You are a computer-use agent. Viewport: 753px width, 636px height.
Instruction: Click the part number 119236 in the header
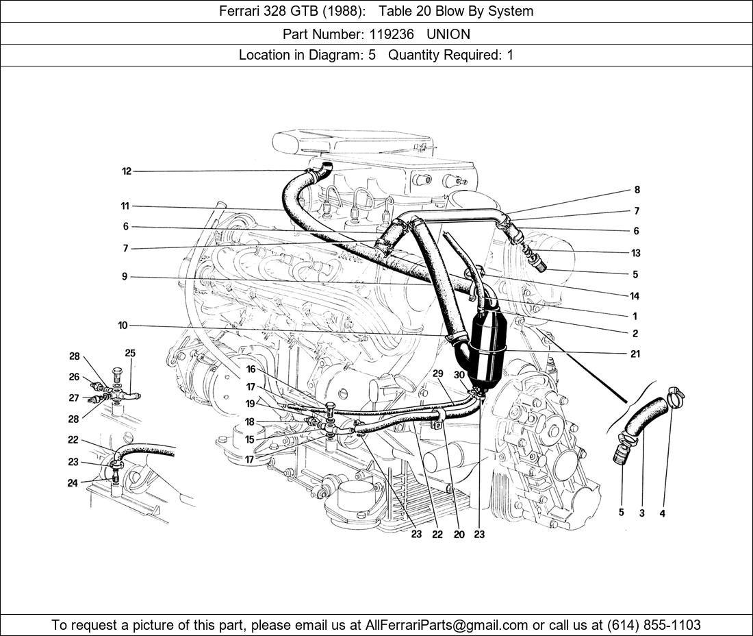(392, 34)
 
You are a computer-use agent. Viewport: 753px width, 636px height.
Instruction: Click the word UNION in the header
(448, 34)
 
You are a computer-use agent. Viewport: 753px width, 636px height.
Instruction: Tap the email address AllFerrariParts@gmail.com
(446, 625)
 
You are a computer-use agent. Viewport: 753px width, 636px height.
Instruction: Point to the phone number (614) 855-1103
(654, 625)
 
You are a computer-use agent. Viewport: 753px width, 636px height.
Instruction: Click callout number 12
(127, 171)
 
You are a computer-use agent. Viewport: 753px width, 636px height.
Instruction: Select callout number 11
(125, 206)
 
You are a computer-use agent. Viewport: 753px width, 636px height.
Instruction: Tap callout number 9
(125, 277)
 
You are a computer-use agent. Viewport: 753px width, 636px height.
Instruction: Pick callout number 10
(123, 326)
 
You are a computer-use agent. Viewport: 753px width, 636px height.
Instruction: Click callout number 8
(637, 190)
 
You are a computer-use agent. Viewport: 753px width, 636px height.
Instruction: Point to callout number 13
(636, 253)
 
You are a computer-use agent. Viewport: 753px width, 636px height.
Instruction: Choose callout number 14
(635, 296)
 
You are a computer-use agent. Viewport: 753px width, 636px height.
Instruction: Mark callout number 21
(635, 354)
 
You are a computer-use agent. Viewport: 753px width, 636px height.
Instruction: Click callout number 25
(130, 354)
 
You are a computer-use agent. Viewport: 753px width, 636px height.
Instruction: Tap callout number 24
(73, 482)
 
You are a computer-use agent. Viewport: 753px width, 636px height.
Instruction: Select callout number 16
(251, 369)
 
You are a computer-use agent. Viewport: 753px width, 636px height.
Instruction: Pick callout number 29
(437, 374)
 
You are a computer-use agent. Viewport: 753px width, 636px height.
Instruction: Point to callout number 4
(662, 513)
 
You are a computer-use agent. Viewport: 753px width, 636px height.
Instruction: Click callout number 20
(459, 534)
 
